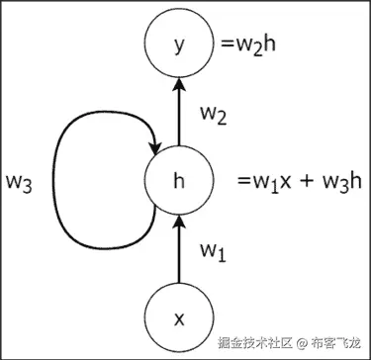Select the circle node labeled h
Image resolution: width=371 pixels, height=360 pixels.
[179, 182]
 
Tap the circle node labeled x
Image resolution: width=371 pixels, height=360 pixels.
[179, 318]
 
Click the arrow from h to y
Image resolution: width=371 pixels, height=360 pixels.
[179, 115]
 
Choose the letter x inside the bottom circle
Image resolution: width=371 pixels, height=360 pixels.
[179, 318]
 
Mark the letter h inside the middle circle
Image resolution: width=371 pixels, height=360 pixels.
[179, 182]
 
